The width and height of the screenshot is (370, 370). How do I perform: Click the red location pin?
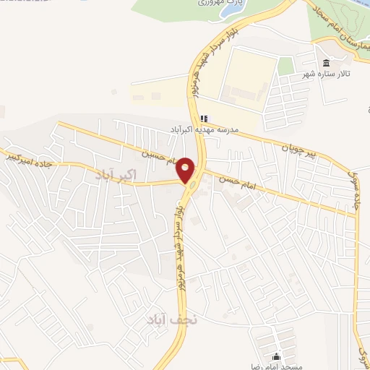point(186,170)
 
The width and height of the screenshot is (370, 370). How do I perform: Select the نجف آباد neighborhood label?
point(168,319)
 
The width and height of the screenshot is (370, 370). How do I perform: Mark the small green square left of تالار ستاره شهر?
point(286,66)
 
